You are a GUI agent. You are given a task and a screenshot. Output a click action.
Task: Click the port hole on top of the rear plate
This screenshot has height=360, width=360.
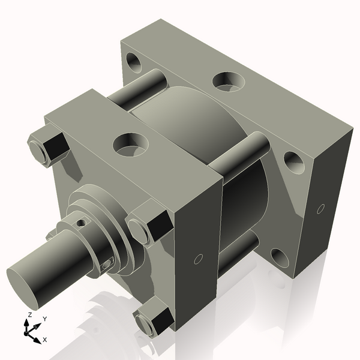coord(229,80)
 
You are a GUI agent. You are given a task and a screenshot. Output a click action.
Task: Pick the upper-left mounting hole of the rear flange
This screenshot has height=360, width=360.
coord(133,61)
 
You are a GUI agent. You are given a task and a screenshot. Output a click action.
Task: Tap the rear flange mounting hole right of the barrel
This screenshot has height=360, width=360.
coord(292,160)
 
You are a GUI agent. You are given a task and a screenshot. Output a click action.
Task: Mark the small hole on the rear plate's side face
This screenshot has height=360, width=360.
coord(320,209)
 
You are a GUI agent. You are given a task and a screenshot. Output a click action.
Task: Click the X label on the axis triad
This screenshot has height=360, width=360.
coord(45,340)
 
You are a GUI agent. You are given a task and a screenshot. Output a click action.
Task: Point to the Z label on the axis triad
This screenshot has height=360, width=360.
coord(29,315)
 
